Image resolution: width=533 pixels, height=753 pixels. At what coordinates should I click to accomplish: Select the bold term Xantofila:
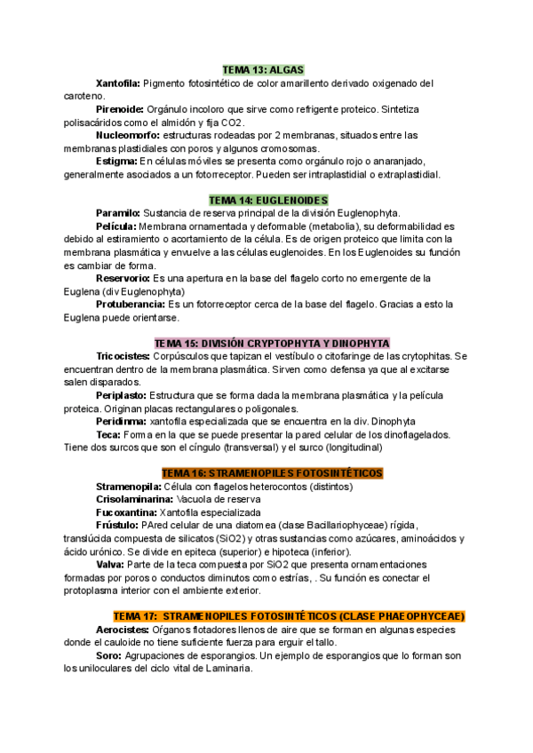click(117, 83)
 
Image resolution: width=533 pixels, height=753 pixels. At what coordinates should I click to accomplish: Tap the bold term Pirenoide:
click(119, 109)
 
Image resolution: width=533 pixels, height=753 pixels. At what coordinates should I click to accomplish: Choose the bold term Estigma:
click(116, 162)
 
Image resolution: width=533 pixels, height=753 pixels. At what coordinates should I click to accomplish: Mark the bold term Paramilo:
click(117, 213)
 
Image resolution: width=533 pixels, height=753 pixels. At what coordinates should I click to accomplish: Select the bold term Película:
click(116, 226)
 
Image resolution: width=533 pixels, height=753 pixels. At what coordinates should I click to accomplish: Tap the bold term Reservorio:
click(123, 278)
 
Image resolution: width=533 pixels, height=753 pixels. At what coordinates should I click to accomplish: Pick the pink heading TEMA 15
click(271, 343)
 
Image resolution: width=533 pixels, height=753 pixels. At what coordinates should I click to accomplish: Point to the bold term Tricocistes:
click(123, 356)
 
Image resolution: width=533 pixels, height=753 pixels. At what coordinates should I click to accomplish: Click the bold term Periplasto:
click(122, 394)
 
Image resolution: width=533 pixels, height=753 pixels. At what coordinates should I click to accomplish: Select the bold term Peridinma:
click(122, 421)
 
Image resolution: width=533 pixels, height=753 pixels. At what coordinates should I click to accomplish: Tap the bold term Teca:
click(108, 434)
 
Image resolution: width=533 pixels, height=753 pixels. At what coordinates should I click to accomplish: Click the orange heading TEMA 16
click(271, 473)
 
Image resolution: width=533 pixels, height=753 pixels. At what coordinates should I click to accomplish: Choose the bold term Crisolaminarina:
click(134, 500)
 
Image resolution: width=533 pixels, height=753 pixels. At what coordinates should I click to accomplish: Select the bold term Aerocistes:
click(123, 630)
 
